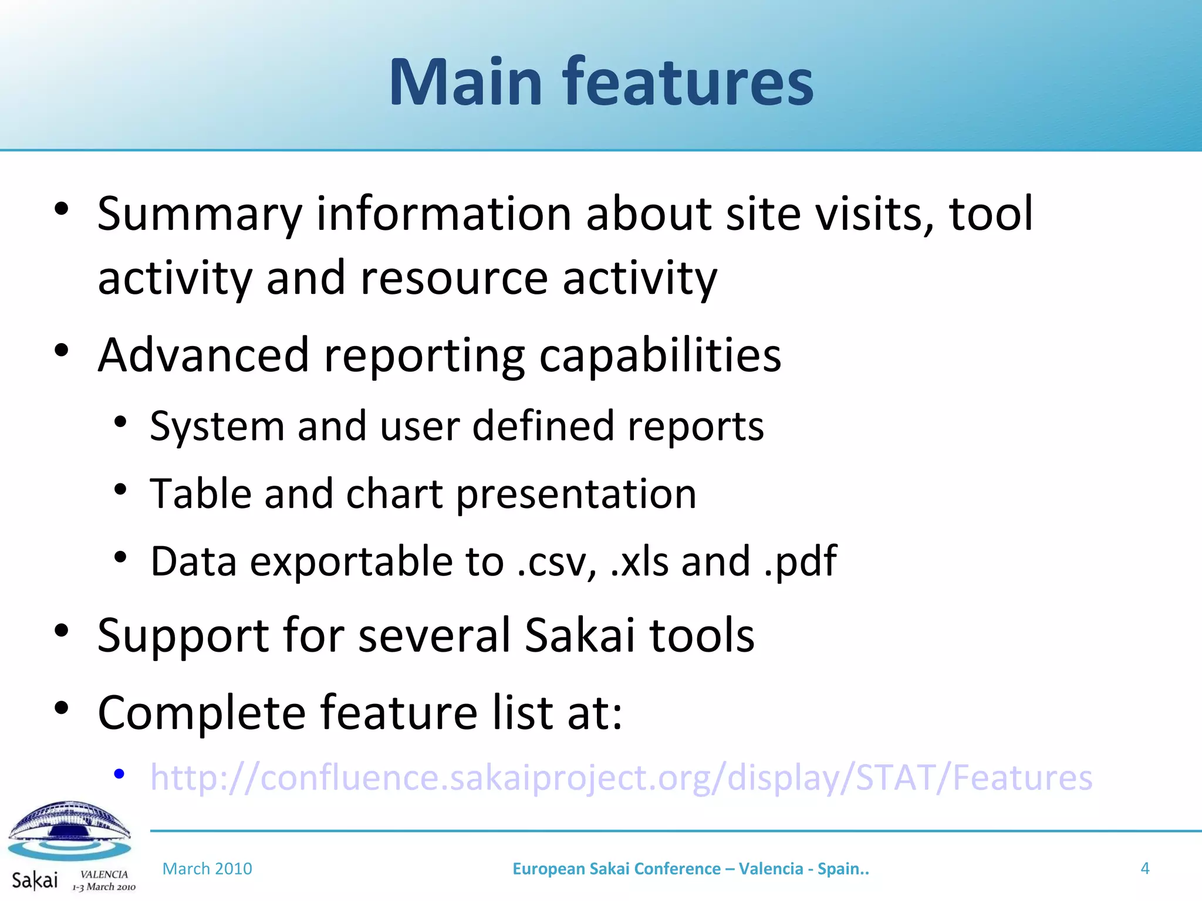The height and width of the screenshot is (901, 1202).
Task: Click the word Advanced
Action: point(203,355)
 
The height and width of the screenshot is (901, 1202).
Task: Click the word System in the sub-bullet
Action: point(217,426)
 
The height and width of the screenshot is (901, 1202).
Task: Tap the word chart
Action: point(394,494)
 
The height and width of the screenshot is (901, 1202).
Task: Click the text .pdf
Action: point(801,562)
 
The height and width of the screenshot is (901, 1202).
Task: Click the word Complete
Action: point(201,713)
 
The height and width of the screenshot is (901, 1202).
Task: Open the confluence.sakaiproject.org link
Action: point(621,778)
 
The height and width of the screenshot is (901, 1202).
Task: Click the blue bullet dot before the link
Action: point(119,775)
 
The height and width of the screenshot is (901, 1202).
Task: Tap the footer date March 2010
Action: point(207,869)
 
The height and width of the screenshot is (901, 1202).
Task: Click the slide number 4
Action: point(1144,868)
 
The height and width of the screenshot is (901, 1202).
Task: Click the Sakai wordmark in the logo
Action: point(35,880)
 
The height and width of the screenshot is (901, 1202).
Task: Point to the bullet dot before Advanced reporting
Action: point(62,351)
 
